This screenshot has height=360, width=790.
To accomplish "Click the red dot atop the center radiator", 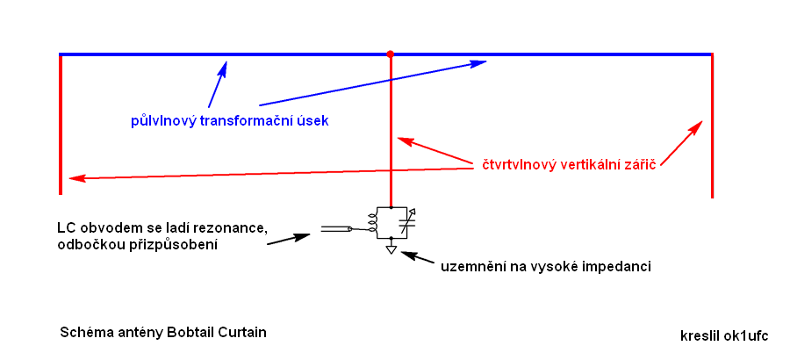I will tap(391, 54).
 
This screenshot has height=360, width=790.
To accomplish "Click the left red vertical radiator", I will tap(61, 123).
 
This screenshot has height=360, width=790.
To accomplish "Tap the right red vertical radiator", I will tap(711, 123).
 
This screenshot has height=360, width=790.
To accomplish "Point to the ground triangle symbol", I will tap(391, 249).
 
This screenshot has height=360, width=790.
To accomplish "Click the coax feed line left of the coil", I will tap(334, 229).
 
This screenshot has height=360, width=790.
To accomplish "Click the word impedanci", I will tap(619, 265).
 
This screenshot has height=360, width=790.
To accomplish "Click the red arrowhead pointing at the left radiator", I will tap(75, 178).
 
